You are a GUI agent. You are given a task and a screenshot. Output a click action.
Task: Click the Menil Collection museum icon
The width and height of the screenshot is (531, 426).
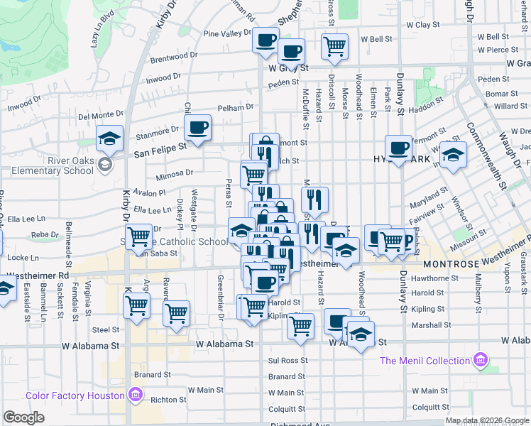point(483,360)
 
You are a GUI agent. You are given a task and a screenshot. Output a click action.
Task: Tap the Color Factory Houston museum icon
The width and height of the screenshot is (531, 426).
point(136,395)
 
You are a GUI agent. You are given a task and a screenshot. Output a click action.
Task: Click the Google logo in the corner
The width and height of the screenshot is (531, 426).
point(23,417)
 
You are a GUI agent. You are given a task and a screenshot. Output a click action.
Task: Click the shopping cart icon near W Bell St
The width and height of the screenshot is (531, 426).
point(334,47)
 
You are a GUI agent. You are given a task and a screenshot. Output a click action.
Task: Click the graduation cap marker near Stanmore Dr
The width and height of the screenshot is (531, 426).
point(110,138)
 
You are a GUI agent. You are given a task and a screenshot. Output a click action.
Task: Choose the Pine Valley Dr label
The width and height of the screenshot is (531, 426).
point(229,33)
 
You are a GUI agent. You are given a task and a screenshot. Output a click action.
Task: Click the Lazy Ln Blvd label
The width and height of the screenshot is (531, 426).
point(103,28)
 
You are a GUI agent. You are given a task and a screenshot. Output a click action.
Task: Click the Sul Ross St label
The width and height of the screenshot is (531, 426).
point(287,361)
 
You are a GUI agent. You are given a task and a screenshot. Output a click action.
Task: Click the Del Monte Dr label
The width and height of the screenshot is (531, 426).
point(102,114)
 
